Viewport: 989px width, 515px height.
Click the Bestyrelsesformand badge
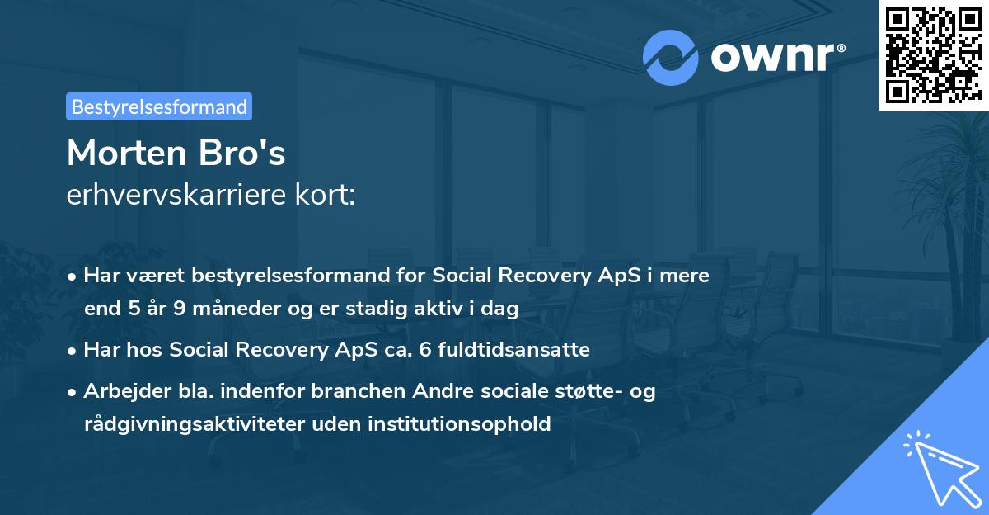coord(159,106)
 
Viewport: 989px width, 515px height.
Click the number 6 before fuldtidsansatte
coord(424,350)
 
